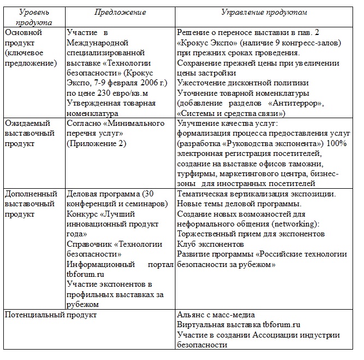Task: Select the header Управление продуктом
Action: [x=264, y=12]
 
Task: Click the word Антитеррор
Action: [x=310, y=103]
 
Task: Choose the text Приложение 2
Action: [x=96, y=143]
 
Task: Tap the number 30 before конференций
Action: [x=156, y=194]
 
